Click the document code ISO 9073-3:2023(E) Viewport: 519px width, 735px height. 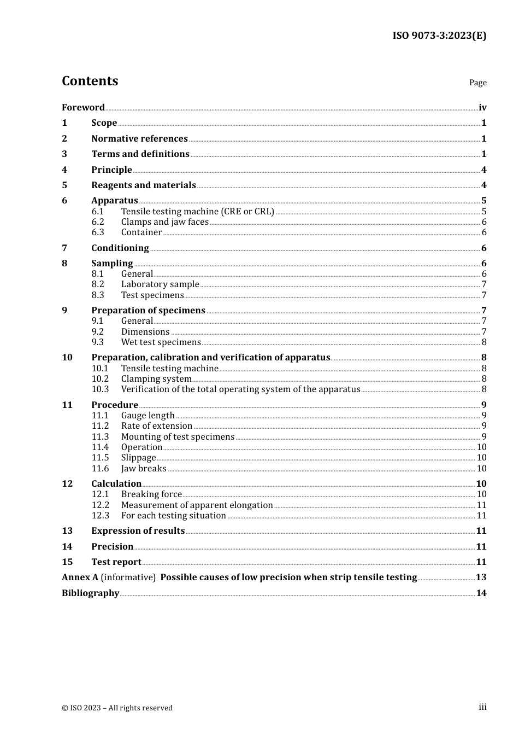[x=439, y=36]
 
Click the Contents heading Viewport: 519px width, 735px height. [x=90, y=81]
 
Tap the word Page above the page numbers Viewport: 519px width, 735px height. [x=477, y=83]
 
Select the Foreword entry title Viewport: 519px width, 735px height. [x=83, y=107]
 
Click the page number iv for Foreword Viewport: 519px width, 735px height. [x=482, y=108]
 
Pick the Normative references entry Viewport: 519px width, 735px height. [x=139, y=138]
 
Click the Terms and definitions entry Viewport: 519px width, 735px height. [x=140, y=154]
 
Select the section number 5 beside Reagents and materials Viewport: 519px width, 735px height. [x=64, y=185]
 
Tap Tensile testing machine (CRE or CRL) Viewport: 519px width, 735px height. [x=197, y=211]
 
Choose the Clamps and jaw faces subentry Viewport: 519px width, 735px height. [x=164, y=221]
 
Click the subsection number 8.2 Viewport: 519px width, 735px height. [x=98, y=284]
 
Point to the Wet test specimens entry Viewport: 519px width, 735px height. [x=161, y=342]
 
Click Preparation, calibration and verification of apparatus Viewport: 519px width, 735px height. [x=210, y=357]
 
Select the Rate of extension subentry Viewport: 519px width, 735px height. [x=156, y=425]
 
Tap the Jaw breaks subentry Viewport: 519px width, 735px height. [x=144, y=468]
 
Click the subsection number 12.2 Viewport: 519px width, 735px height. [x=100, y=505]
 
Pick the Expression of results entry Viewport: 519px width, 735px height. [x=138, y=530]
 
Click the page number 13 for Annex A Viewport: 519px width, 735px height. [x=481, y=577]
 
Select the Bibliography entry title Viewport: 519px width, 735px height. [x=90, y=593]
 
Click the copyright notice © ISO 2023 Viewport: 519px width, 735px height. [x=117, y=708]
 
